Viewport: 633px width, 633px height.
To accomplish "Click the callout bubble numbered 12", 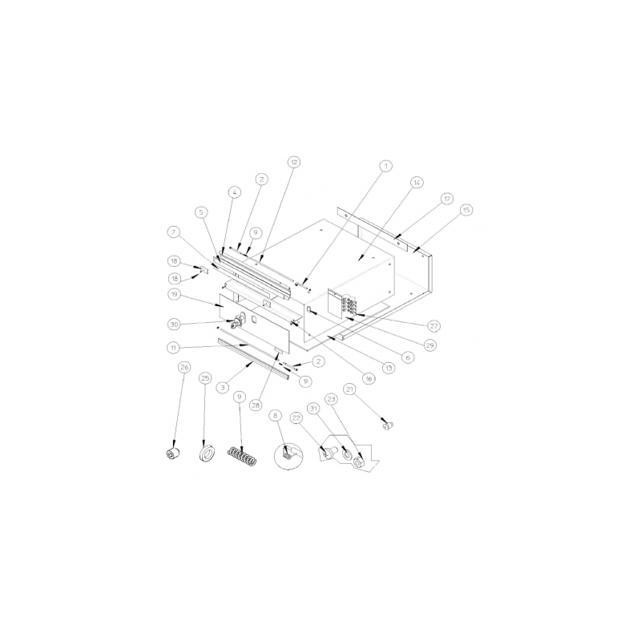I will [294, 162].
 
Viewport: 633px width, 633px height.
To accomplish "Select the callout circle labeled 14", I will [416, 183].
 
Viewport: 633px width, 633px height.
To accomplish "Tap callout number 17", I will [446, 198].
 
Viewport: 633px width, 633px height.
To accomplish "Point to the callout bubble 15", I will [466, 209].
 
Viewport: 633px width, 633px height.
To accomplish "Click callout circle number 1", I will [385, 166].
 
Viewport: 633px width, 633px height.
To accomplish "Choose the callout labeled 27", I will [433, 326].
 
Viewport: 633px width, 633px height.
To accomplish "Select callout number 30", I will [173, 324].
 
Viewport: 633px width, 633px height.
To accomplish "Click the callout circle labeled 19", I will [173, 294].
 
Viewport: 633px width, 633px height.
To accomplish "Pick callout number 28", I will [256, 405].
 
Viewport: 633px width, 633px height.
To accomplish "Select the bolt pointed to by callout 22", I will [327, 454].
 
